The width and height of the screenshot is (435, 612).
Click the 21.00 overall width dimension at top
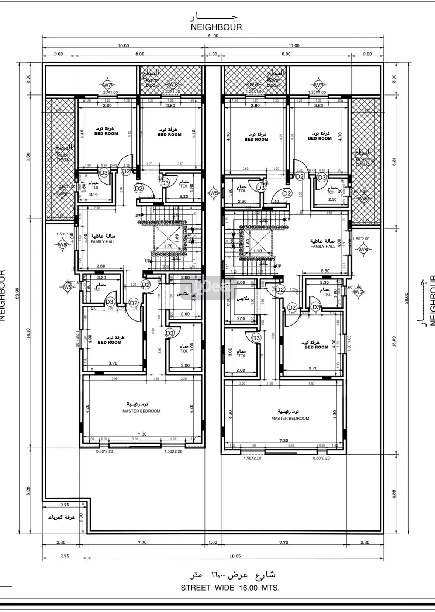(213, 36)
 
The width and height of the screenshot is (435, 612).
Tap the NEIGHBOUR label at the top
(216, 27)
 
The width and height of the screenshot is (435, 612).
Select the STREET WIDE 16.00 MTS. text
(230, 588)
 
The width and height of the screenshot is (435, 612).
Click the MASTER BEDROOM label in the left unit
(141, 411)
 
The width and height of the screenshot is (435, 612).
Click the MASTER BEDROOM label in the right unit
(290, 418)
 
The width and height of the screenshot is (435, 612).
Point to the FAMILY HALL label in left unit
(103, 242)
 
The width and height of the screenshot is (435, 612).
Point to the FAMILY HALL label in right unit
(323, 246)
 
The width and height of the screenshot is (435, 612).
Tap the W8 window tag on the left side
(62, 244)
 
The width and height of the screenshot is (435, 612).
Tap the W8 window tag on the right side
(363, 249)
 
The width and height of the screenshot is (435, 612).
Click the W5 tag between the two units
(214, 193)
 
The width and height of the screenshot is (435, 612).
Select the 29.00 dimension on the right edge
(407, 298)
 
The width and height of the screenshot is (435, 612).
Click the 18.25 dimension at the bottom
(235, 556)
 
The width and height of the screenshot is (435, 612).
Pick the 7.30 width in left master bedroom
(142, 434)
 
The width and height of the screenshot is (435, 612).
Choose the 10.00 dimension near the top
(123, 46)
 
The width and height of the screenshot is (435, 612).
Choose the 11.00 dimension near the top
(294, 46)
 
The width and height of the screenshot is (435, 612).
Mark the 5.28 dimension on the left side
(28, 491)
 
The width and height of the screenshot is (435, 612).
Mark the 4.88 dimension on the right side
(394, 494)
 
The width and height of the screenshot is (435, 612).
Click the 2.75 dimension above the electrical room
(64, 505)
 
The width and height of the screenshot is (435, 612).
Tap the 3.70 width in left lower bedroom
(113, 363)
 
